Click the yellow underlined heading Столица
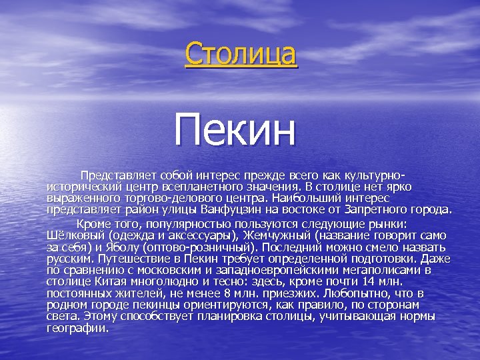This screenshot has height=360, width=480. tap(241, 54)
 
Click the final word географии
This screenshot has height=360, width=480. tap(77, 328)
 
